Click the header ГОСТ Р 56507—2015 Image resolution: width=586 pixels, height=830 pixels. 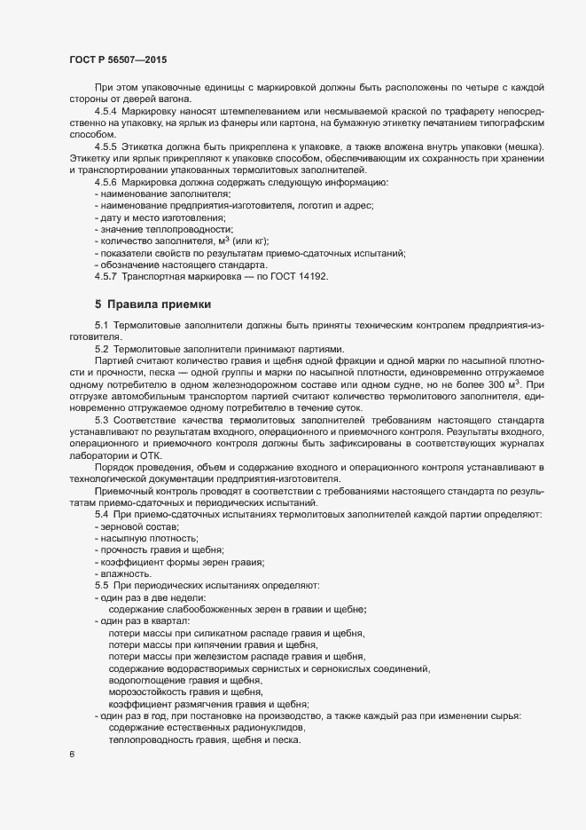tap(117, 59)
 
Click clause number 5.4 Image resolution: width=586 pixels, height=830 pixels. tap(101, 515)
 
